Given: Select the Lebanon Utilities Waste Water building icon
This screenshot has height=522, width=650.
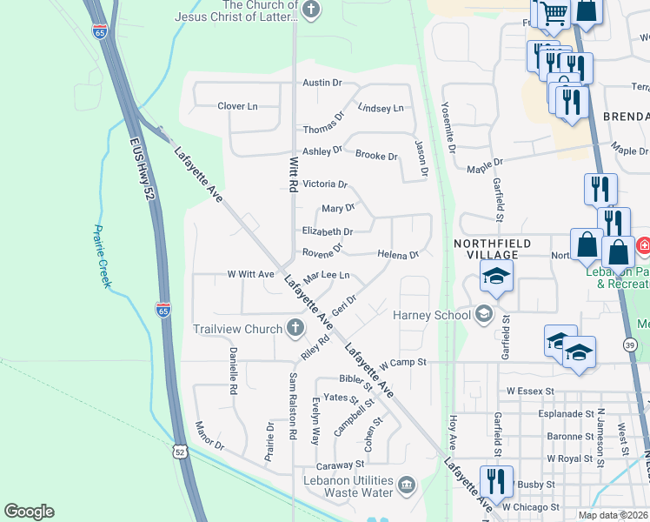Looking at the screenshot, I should pos(406,485).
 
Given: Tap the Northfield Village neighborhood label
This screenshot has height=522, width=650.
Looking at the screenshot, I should pos(486,248).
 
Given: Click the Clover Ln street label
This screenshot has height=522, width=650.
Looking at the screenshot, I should pos(237,106).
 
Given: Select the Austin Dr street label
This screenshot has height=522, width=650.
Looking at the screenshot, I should pos(322,83).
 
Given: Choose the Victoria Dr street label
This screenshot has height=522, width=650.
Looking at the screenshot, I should pos(324,184).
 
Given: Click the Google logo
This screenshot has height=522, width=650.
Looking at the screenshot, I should pos(29,512).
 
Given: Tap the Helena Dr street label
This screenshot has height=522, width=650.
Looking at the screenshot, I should pos(398,255).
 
